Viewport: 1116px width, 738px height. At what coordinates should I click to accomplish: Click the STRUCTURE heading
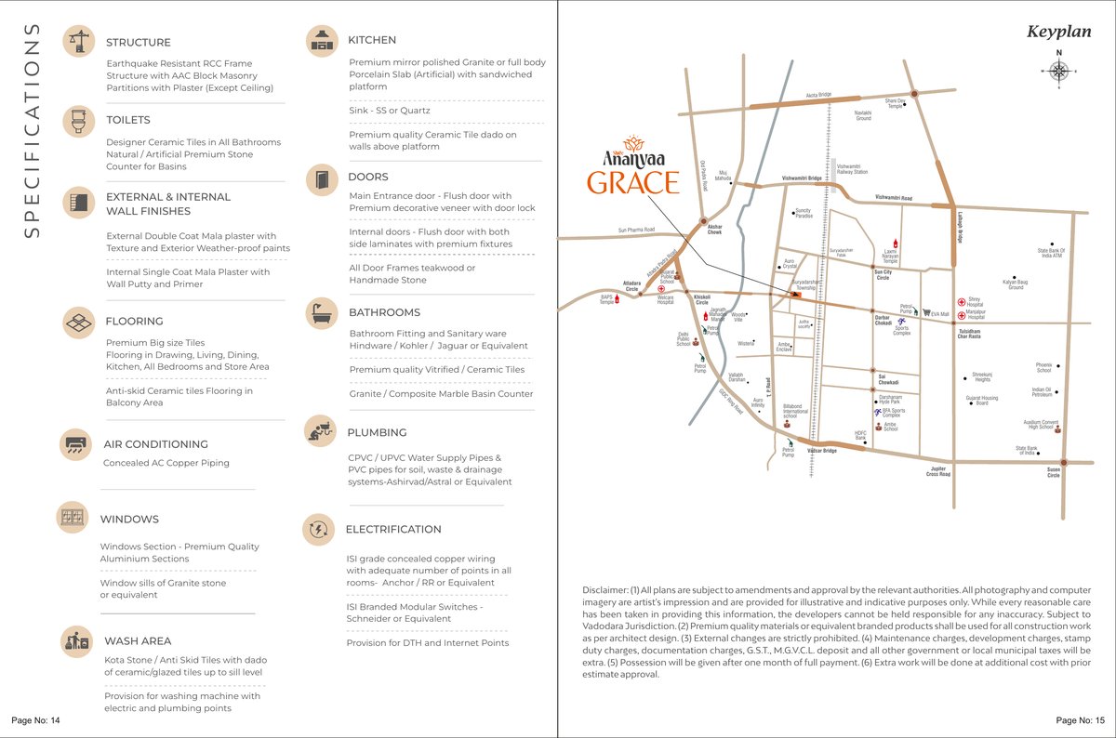click(x=139, y=43)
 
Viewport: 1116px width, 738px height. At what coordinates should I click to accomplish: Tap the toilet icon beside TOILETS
click(x=78, y=121)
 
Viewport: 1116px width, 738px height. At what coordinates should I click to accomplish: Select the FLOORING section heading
click(x=134, y=322)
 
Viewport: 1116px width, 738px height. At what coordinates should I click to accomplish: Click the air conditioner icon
click(x=75, y=443)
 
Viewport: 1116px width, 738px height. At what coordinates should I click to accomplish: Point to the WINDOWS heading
click(x=129, y=520)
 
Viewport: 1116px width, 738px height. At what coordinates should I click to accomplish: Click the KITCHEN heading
click(x=372, y=40)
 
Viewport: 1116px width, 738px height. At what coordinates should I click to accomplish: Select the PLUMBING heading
click(x=377, y=432)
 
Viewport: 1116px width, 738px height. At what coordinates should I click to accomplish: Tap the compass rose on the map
click(x=1058, y=72)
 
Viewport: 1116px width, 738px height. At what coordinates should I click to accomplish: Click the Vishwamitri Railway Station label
click(x=852, y=169)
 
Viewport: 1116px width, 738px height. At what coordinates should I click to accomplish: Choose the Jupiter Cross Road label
click(x=937, y=471)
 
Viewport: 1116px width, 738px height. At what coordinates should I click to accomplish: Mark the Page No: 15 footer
click(x=1080, y=721)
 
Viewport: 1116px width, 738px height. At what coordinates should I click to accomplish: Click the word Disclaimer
click(x=605, y=590)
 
